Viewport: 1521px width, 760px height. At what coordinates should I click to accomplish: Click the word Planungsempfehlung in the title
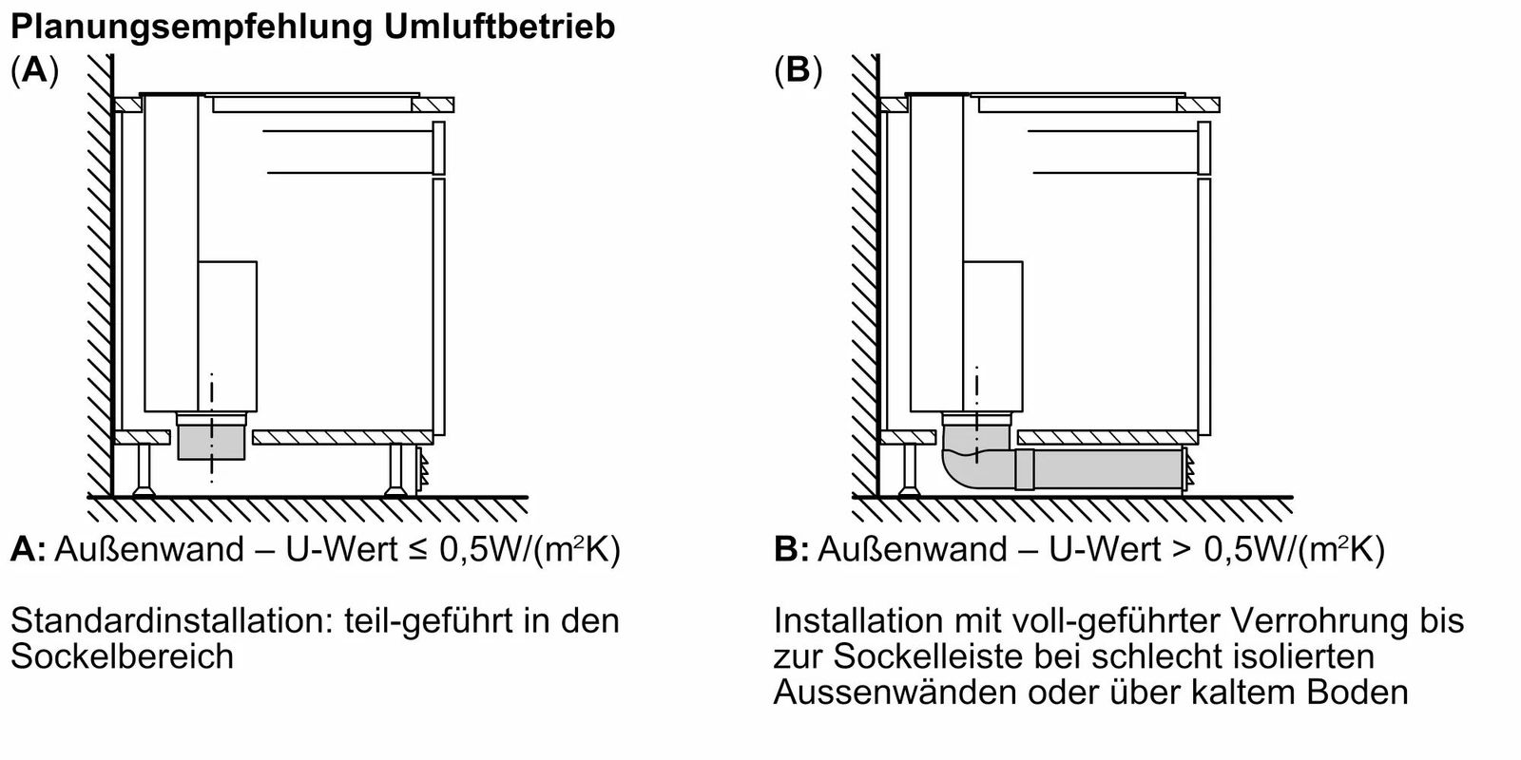191,28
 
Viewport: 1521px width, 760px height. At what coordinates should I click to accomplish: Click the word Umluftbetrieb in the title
500,27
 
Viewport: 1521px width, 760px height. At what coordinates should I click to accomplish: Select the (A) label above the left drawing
34,70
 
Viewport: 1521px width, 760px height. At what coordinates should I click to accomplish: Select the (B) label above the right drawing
799,70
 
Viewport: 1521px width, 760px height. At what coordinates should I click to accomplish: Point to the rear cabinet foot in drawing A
144,470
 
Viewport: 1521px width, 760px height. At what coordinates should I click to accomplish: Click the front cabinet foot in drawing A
395,470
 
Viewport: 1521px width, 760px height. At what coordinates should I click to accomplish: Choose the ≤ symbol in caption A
418,550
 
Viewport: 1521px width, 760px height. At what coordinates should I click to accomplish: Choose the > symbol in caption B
1183,550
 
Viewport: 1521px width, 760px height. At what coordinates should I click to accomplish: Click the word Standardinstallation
174,621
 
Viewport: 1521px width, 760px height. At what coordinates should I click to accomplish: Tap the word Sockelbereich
123,656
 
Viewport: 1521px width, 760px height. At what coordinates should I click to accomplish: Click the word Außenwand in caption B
913,550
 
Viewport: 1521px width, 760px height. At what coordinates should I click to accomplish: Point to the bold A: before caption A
28,550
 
